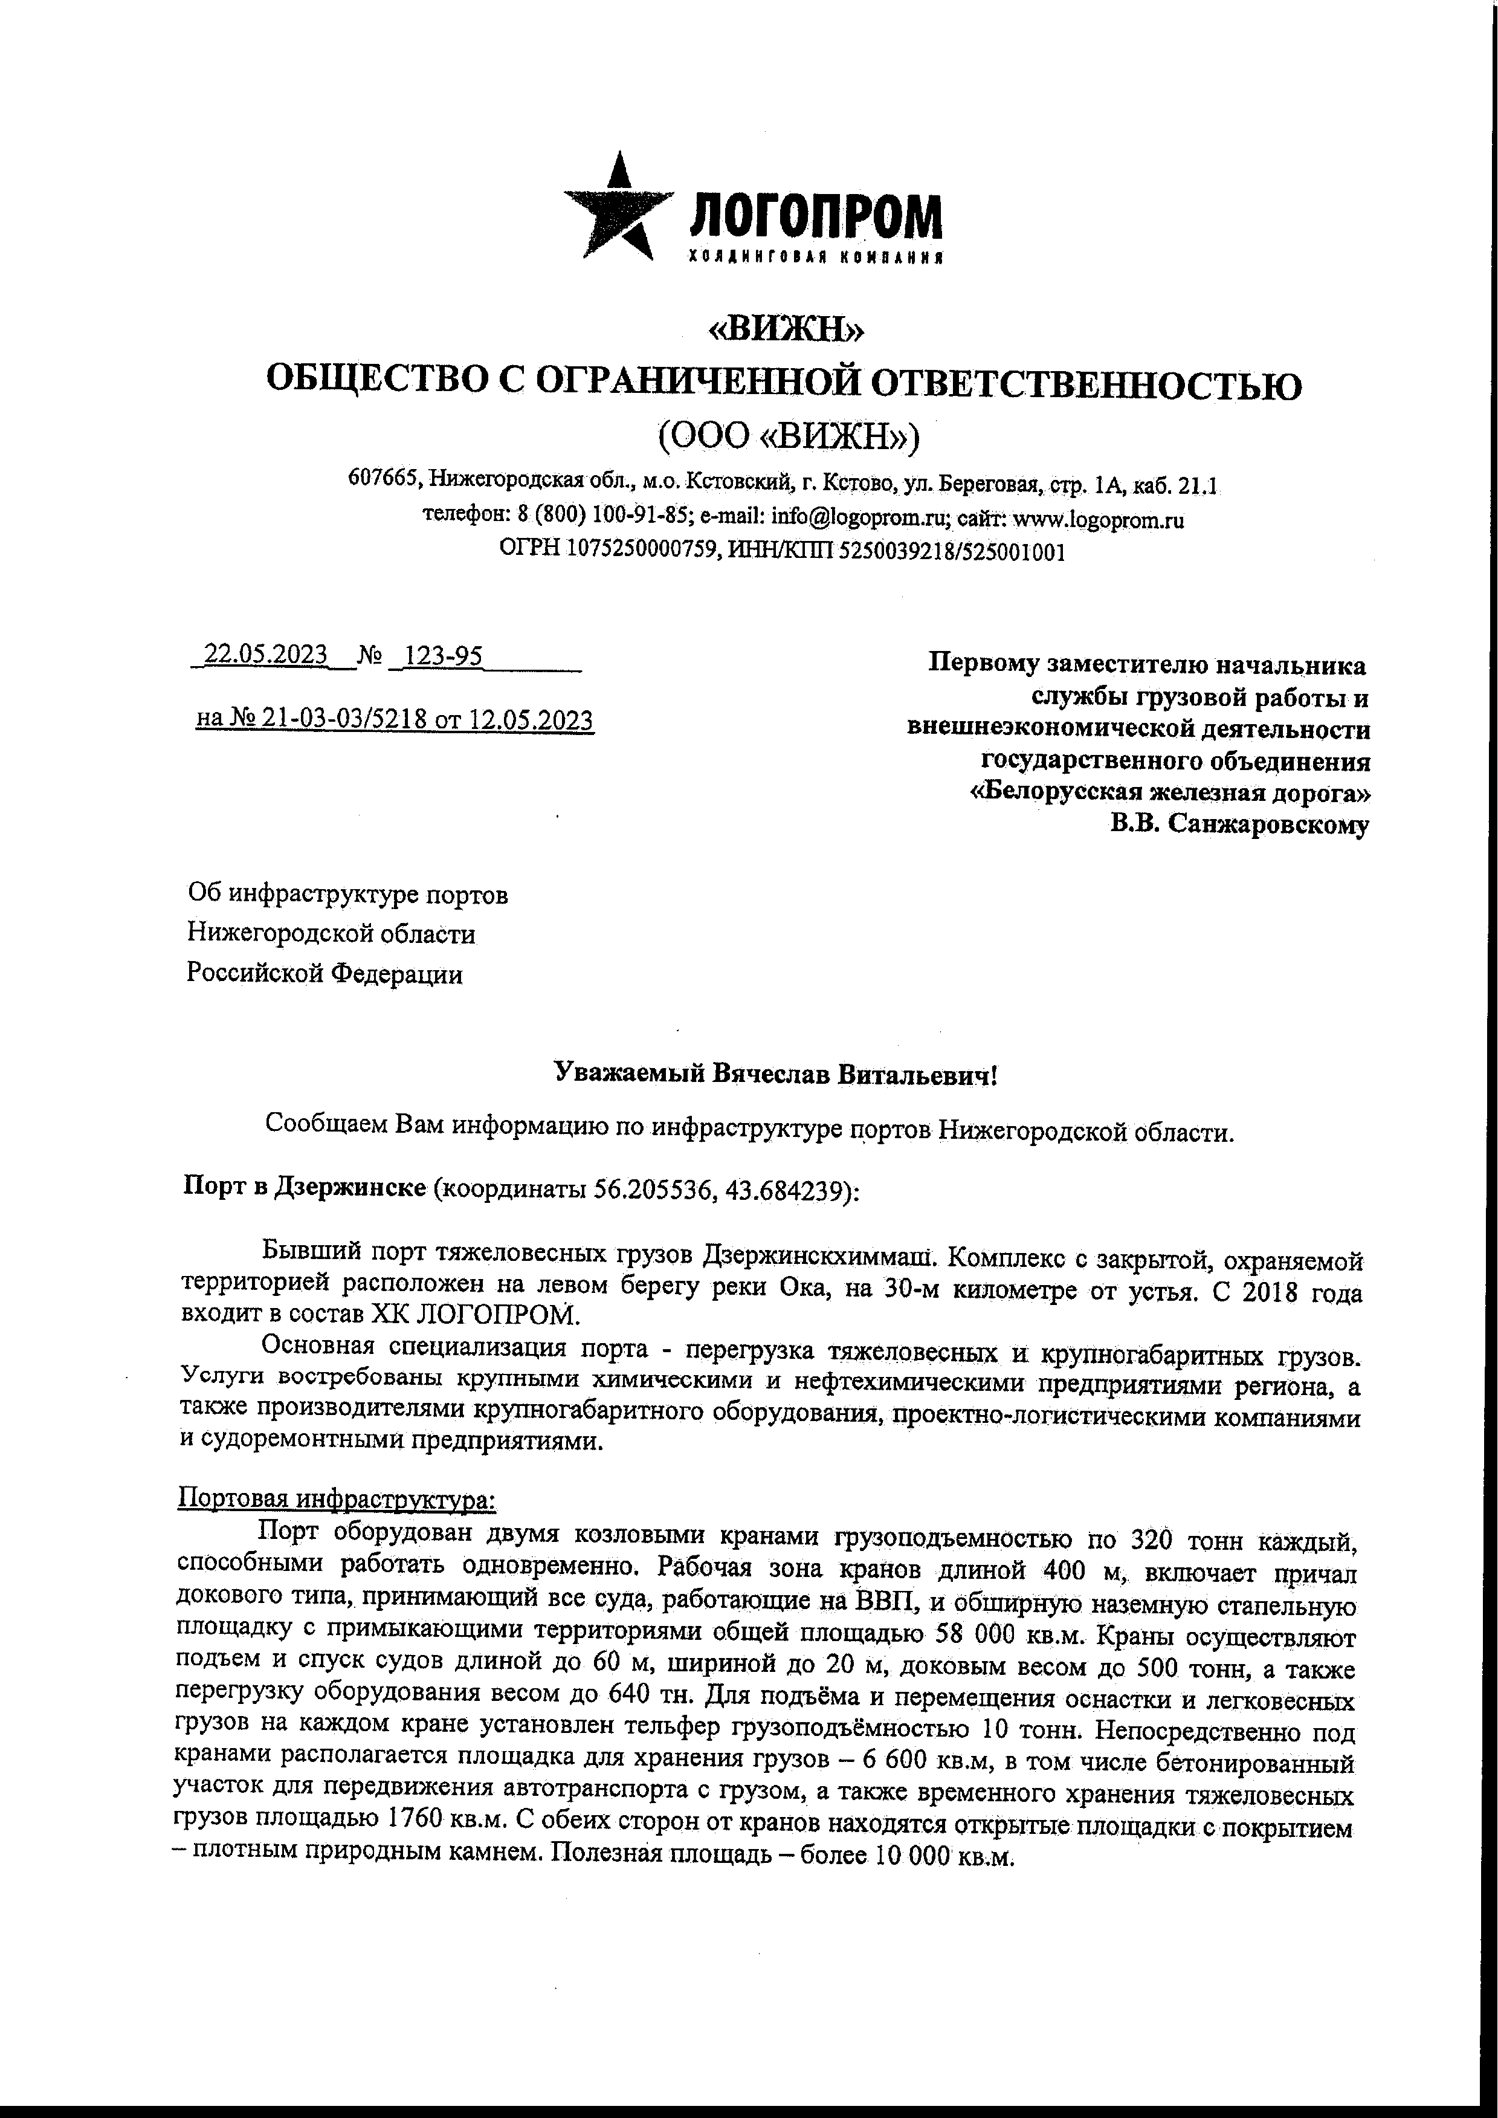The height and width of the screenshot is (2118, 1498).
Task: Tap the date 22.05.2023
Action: pyautogui.click(x=265, y=655)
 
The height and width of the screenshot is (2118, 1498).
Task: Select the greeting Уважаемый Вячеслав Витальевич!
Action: pyautogui.click(x=775, y=1074)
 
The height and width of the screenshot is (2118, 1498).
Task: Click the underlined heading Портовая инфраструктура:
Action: pyautogui.click(x=337, y=1500)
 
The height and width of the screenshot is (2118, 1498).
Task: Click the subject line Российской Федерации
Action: pyautogui.click(x=324, y=974)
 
